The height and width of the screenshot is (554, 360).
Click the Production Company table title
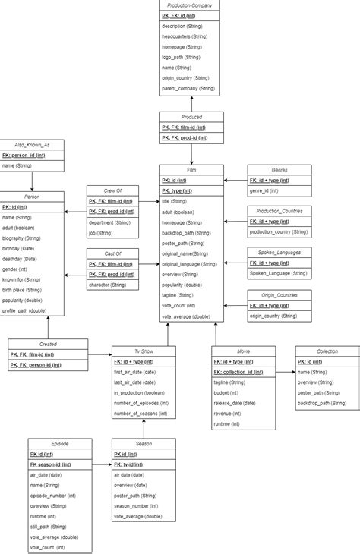tap(191, 5)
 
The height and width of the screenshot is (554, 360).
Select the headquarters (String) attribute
tap(185, 36)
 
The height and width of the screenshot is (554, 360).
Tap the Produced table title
tap(191, 118)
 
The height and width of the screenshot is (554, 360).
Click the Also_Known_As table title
tap(31, 144)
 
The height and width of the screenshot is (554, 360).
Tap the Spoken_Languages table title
tap(279, 253)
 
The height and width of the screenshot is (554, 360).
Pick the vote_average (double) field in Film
tap(186, 316)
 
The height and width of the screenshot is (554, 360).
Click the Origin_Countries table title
tap(279, 294)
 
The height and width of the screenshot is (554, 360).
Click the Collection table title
tap(327, 351)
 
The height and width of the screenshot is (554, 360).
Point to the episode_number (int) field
tap(54, 495)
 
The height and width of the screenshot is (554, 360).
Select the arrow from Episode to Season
tap(103, 464)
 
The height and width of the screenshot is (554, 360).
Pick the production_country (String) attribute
tap(278, 231)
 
